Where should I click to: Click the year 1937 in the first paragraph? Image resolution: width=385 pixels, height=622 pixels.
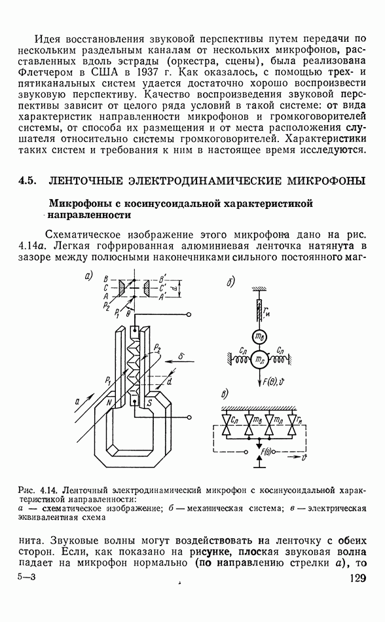tap(147, 72)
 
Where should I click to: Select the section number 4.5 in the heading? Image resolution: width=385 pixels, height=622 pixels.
tap(27, 181)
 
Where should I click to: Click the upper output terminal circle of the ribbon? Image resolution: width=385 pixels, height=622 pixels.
tap(189, 314)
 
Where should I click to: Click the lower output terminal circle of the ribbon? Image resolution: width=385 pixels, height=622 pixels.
tap(189, 417)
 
